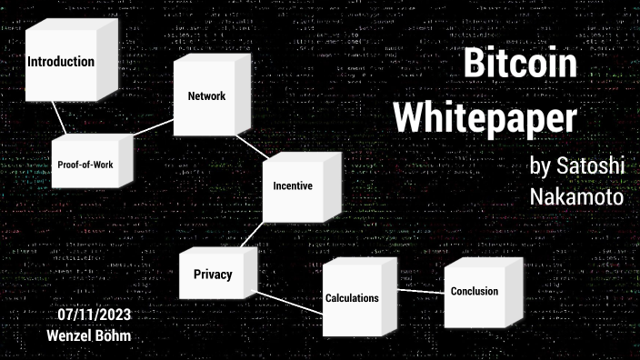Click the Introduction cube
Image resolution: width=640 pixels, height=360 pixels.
click(x=61, y=63)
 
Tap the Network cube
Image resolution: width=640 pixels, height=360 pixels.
click(x=206, y=96)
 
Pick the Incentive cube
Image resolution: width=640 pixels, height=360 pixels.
click(x=293, y=186)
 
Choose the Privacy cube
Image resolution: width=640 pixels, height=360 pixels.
click(x=213, y=275)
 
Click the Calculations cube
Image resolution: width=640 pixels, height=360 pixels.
click(x=352, y=298)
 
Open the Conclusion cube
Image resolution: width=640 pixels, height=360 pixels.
click(x=475, y=292)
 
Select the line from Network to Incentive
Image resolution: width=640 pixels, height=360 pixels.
click(x=249, y=145)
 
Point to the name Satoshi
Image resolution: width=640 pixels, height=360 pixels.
click(x=587, y=167)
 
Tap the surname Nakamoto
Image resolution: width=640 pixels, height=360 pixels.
click(x=575, y=195)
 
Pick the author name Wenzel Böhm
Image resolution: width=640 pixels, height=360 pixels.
click(x=89, y=335)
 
